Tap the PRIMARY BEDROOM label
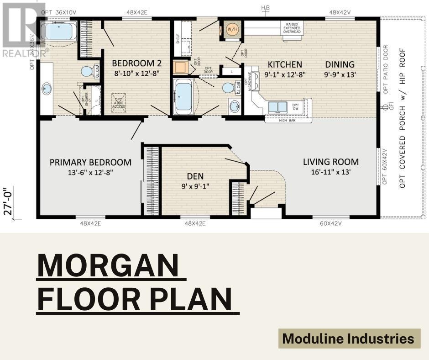(90, 162)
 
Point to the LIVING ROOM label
(331, 162)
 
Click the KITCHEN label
(285, 64)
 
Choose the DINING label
(340, 64)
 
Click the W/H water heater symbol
(232, 29)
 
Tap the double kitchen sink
(277, 107)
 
